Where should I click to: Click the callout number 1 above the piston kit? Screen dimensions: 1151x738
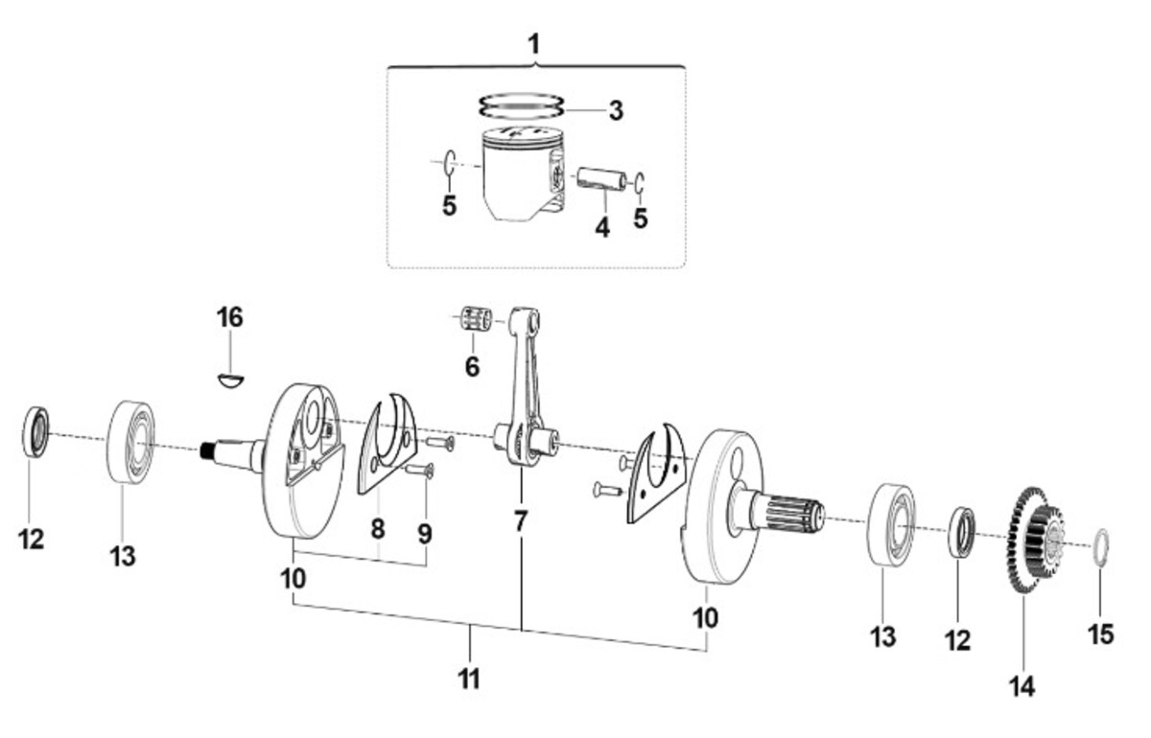pyautogui.click(x=534, y=45)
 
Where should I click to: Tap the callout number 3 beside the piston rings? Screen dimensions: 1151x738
pyautogui.click(x=616, y=110)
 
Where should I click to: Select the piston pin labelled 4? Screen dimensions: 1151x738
pyautogui.click(x=601, y=179)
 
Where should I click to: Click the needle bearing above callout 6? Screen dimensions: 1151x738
pyautogui.click(x=476, y=318)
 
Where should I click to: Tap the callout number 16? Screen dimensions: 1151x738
pyautogui.click(x=229, y=317)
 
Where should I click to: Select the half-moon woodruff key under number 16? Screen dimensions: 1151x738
pyautogui.click(x=230, y=381)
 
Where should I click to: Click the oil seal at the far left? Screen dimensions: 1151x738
pyautogui.click(x=36, y=431)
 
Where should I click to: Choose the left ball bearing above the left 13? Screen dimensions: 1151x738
pyautogui.click(x=131, y=443)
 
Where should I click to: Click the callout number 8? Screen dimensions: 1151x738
pyautogui.click(x=378, y=528)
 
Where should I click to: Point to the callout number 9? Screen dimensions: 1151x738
pyautogui.click(x=425, y=534)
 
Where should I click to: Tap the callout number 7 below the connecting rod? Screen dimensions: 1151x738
pyautogui.click(x=521, y=522)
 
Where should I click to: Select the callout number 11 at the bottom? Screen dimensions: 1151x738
pyautogui.click(x=469, y=679)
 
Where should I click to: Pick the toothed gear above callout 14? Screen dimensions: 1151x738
pyautogui.click(x=1032, y=540)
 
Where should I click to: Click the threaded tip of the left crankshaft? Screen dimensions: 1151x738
pyautogui.click(x=207, y=450)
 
